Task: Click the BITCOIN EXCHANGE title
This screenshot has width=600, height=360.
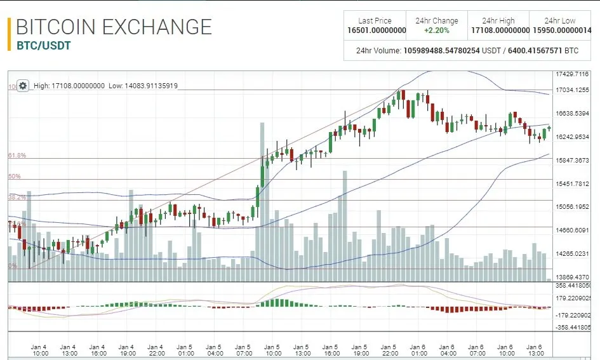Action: [114, 27]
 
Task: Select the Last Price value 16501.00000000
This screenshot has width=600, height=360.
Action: [377, 30]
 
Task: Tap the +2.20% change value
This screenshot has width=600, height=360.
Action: [436, 30]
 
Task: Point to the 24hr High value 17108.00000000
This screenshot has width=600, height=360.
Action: [500, 30]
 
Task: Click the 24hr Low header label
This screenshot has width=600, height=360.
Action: [560, 21]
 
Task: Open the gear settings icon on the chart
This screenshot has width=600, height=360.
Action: [22, 86]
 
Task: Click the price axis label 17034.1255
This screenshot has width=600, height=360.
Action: [572, 90]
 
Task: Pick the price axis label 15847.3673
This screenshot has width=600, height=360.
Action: [572, 161]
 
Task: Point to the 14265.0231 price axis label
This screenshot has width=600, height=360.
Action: [572, 254]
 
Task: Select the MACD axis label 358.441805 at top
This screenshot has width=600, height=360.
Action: [572, 286]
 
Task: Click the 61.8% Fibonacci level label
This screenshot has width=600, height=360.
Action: [17, 156]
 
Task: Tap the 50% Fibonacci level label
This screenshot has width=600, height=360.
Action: [15, 177]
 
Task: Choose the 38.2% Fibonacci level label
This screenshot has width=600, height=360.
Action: [17, 197]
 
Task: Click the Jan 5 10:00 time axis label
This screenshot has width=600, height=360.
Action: [272, 350]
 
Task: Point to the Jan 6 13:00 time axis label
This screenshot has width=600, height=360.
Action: [535, 350]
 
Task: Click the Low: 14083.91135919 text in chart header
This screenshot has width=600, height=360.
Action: [143, 86]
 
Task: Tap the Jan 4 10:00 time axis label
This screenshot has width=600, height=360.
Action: [39, 350]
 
